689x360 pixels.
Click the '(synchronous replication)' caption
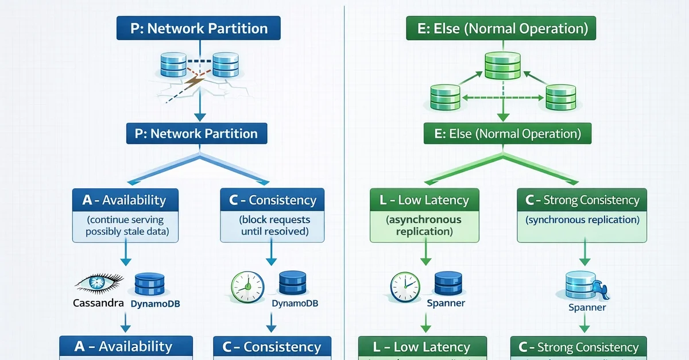(582, 219)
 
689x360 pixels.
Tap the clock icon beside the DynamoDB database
(247, 286)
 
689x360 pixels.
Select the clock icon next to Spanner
(406, 286)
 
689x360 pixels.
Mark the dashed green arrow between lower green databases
(502, 98)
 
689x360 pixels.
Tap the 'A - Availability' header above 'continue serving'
(125, 200)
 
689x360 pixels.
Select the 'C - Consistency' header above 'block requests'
(272, 200)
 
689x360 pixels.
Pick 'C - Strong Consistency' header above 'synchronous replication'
(582, 200)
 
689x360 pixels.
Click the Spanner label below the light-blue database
(587, 307)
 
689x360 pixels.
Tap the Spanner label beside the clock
(446, 303)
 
